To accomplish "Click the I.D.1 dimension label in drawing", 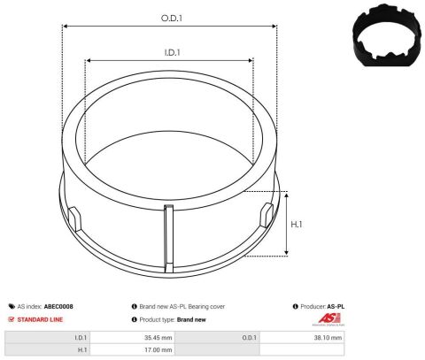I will tap(173, 52).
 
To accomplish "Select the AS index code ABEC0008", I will tap(55, 306).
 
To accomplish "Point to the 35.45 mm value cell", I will tap(155, 337).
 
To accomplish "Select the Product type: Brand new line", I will tap(172, 318).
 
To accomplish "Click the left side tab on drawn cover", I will tap(74, 215).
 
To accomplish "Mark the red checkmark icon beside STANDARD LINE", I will tap(12, 318).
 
